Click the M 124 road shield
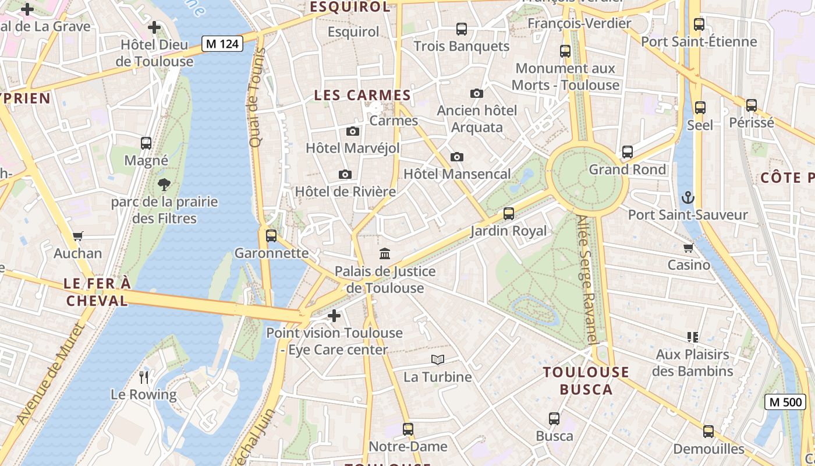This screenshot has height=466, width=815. (x=222, y=44)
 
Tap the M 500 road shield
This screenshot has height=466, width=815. (x=785, y=402)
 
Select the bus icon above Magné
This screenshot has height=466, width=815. (x=146, y=143)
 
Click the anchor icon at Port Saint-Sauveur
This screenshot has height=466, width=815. (x=688, y=197)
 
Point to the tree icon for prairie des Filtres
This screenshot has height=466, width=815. (x=164, y=185)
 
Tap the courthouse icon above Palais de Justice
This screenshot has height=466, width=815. (x=385, y=253)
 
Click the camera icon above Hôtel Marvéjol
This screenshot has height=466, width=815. (x=353, y=131)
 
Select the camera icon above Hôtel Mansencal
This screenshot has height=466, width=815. (x=457, y=157)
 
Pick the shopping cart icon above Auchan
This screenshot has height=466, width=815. (x=78, y=236)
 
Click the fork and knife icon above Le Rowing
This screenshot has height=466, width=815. (x=144, y=377)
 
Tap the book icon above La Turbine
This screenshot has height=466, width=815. (x=438, y=359)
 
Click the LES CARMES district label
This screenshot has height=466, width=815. (x=363, y=96)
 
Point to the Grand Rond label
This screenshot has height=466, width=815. (x=627, y=170)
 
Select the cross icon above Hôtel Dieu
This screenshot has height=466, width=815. (x=154, y=27)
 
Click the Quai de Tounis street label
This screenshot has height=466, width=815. (x=256, y=97)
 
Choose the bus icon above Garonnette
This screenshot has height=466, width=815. (x=271, y=235)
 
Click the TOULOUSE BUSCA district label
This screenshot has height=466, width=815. (x=586, y=381)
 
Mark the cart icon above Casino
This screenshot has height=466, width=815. (x=689, y=248)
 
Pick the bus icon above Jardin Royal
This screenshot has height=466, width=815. (x=509, y=214)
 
